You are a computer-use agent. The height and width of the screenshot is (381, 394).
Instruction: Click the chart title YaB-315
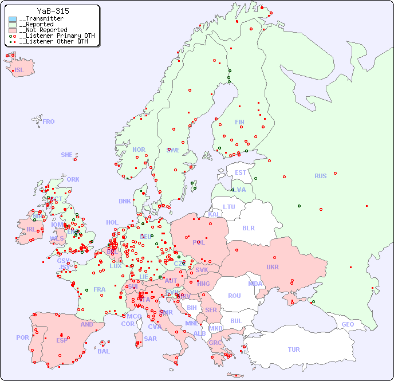pos(53,11)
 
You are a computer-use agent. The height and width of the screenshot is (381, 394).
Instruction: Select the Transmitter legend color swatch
pos(13,19)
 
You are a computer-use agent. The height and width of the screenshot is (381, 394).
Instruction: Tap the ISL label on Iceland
pos(19,70)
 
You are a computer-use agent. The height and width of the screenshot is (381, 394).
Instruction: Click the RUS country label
pos(320,176)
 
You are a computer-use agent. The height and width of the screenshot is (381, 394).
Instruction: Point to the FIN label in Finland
pos(239,122)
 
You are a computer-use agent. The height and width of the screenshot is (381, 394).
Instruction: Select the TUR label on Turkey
pos(294,349)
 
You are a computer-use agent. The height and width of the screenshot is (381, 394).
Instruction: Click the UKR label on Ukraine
pos(272,267)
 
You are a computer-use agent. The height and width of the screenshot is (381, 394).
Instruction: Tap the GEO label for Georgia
pos(348,324)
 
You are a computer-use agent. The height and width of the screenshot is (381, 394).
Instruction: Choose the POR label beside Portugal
pos(22,337)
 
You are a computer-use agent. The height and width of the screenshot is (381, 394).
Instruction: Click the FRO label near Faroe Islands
pos(49,121)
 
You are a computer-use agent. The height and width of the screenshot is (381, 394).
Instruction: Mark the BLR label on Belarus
pos(248,227)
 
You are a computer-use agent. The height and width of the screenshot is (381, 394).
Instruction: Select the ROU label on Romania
pos(234,296)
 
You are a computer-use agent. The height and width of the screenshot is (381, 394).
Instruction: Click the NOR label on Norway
pos(139,150)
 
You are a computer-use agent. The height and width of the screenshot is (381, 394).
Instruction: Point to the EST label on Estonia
pos(241,172)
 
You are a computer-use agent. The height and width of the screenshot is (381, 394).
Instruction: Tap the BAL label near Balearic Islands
pos(103,351)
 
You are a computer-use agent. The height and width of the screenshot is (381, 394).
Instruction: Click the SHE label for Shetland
pos(67,155)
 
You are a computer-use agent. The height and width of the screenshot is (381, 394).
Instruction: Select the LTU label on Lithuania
pos(229,207)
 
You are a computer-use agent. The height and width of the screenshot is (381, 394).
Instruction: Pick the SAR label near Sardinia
pos(150,339)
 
